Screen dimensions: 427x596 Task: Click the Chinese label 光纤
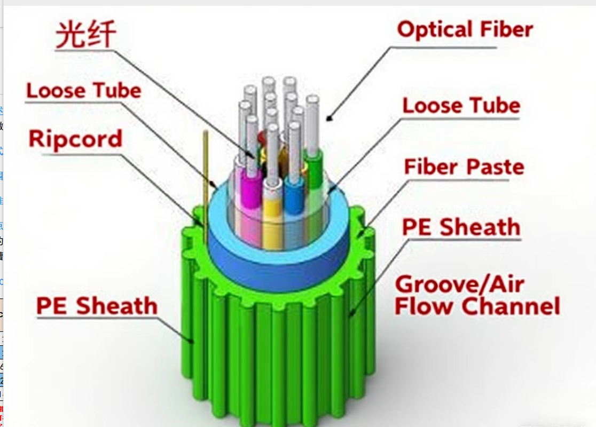(x=86, y=35)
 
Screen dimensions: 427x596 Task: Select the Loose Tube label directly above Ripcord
(x=84, y=91)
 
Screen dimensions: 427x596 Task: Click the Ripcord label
(x=75, y=139)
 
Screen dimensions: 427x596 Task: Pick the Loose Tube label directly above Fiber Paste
(x=461, y=106)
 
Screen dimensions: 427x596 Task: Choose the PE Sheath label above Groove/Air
(x=460, y=227)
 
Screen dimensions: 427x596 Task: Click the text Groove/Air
(x=460, y=284)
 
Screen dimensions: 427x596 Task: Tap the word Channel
(x=510, y=307)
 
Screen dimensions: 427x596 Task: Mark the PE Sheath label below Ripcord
(x=97, y=306)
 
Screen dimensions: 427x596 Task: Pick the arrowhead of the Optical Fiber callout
(x=329, y=117)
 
